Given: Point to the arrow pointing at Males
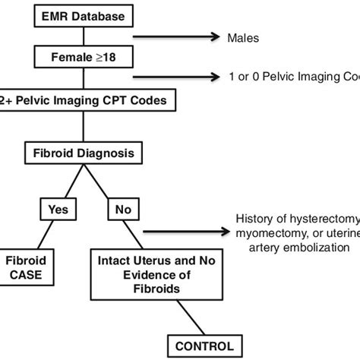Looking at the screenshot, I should tap(190, 34).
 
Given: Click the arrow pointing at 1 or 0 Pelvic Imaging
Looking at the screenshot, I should tap(190, 77).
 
